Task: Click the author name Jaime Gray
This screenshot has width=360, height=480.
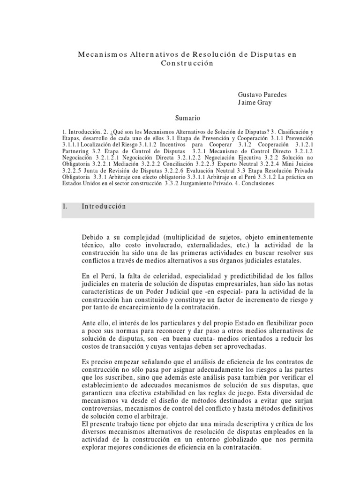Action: [x=255, y=103]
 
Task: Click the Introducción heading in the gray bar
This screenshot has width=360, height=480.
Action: [x=104, y=206]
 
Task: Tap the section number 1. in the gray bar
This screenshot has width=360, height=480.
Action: [x=65, y=206]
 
